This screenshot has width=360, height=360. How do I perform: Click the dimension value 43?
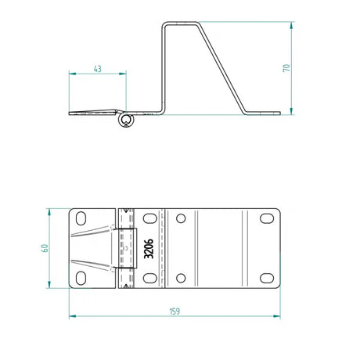pos(97,69)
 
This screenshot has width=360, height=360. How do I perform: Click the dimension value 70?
pos(286,67)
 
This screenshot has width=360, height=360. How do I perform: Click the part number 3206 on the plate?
pos(149,248)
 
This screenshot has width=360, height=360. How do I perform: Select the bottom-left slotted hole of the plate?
pos(82,278)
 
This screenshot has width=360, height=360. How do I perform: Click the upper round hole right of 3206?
pos(181,219)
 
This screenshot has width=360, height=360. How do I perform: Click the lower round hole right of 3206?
pos(181,278)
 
